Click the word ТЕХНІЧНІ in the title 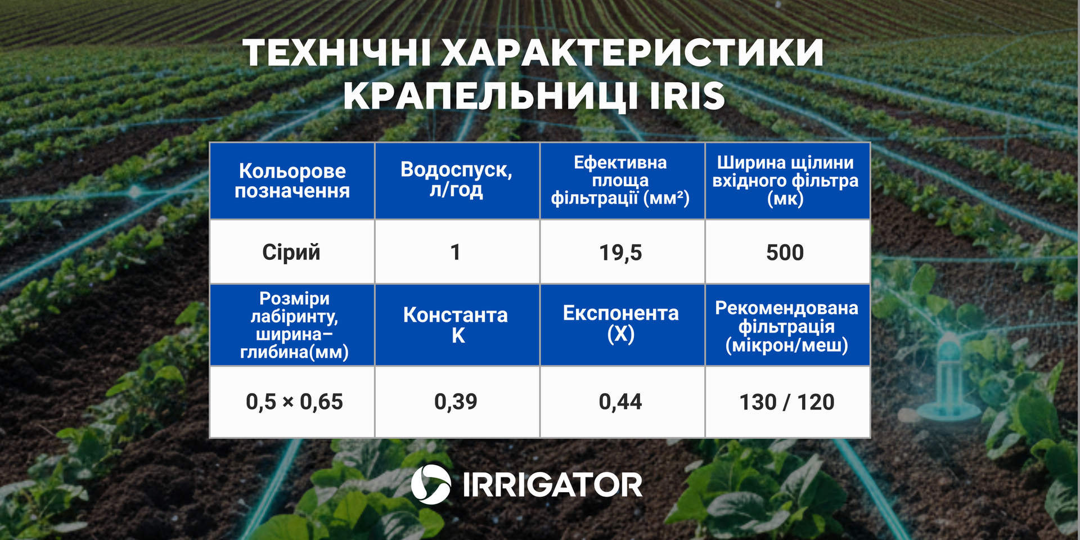[337, 53]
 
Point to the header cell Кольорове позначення [292, 181]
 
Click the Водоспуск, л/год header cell [457, 181]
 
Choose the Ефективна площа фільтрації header [622, 181]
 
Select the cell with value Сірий [291, 252]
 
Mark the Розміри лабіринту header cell [292, 325]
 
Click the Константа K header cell [457, 325]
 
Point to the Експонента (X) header [622, 325]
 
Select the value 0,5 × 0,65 [294, 402]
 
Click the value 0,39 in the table [456, 402]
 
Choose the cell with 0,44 [620, 402]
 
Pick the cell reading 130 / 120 [787, 402]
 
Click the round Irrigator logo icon [431, 483]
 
